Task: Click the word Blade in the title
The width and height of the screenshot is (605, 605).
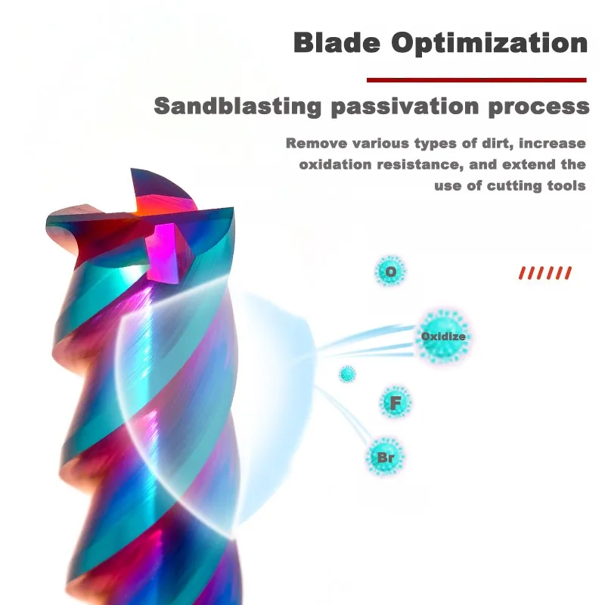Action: tap(337, 42)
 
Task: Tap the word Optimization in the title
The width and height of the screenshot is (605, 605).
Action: tap(489, 44)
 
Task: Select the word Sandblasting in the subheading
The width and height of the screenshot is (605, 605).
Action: tap(237, 106)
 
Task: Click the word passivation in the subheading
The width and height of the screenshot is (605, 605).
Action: tap(405, 107)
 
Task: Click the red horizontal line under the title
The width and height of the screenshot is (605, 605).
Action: tap(476, 80)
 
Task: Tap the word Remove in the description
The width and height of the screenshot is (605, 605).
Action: tap(316, 143)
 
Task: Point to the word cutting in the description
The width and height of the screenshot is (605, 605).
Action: tap(514, 186)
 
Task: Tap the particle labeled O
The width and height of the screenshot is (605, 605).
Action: tap(390, 271)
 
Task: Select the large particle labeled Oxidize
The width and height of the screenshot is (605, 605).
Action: tap(443, 337)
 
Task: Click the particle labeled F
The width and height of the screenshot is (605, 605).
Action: tap(395, 402)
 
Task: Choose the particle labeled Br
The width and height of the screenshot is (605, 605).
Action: tap(385, 458)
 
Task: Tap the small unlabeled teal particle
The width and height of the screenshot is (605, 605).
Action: tap(347, 374)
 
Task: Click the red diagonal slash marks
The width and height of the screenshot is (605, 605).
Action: tap(544, 273)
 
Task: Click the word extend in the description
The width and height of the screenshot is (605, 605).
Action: tap(529, 165)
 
